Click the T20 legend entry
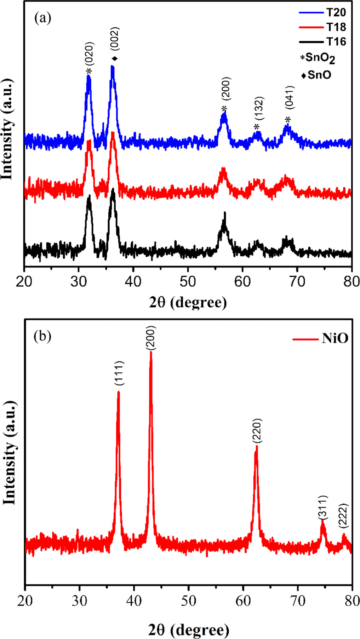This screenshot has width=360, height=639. coord(335,13)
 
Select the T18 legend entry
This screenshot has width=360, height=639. coord(335,27)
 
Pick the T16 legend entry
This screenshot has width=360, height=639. coord(335,42)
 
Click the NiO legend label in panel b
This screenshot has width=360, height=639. coord(335,339)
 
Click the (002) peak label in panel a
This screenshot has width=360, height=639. coord(115,39)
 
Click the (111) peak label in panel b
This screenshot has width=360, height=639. coord(119,373)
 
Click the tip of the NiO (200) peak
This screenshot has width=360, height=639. coord(151,352)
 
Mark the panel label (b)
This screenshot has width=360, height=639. coord(42,336)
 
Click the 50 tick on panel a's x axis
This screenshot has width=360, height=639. coord(188,282)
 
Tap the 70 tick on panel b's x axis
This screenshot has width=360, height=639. coord(298,601)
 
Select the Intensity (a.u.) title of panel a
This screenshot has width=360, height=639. coord(7,129)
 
